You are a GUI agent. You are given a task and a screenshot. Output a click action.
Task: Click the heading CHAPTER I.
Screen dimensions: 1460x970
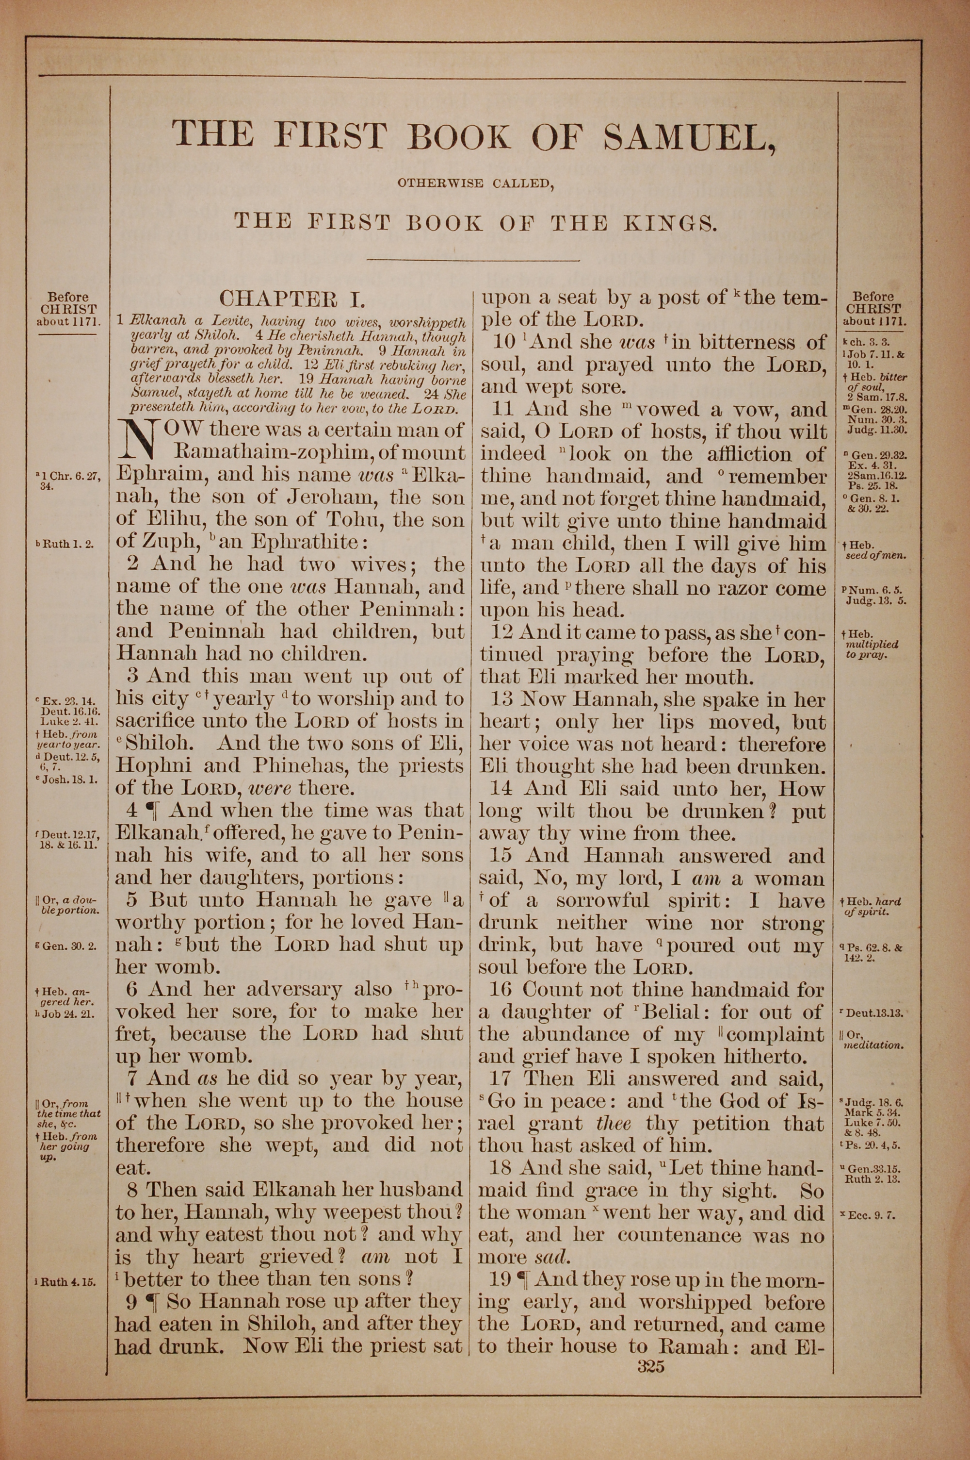(x=292, y=299)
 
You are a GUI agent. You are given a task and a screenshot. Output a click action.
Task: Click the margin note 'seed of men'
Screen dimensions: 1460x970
(x=875, y=555)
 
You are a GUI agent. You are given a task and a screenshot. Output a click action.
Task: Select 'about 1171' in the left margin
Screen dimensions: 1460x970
(x=68, y=322)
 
